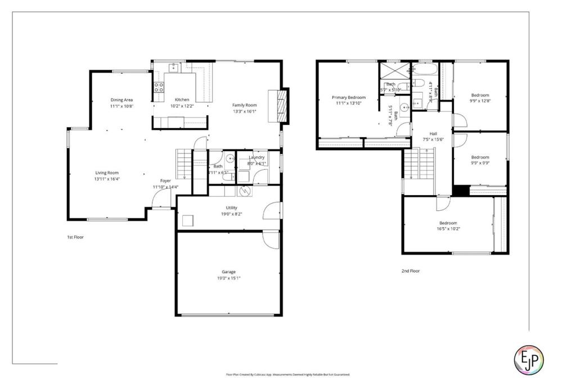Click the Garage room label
[x=228, y=272]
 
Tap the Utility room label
[x=228, y=207]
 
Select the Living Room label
[x=106, y=173]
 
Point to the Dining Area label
[x=121, y=100]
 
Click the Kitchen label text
[x=181, y=100]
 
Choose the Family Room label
[x=245, y=105]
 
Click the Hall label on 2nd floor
[x=433, y=133]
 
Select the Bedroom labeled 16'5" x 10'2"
[x=448, y=223]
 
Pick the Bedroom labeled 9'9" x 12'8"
[x=480, y=95]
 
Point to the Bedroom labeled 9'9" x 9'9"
[x=480, y=157]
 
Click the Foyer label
[x=165, y=180]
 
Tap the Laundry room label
[x=256, y=157]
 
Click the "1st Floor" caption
[x=75, y=237]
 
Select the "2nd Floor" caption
[x=411, y=271]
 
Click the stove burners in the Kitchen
[x=159, y=87]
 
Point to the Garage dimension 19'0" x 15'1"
[x=228, y=278]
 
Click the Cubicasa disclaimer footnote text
[x=287, y=374]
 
